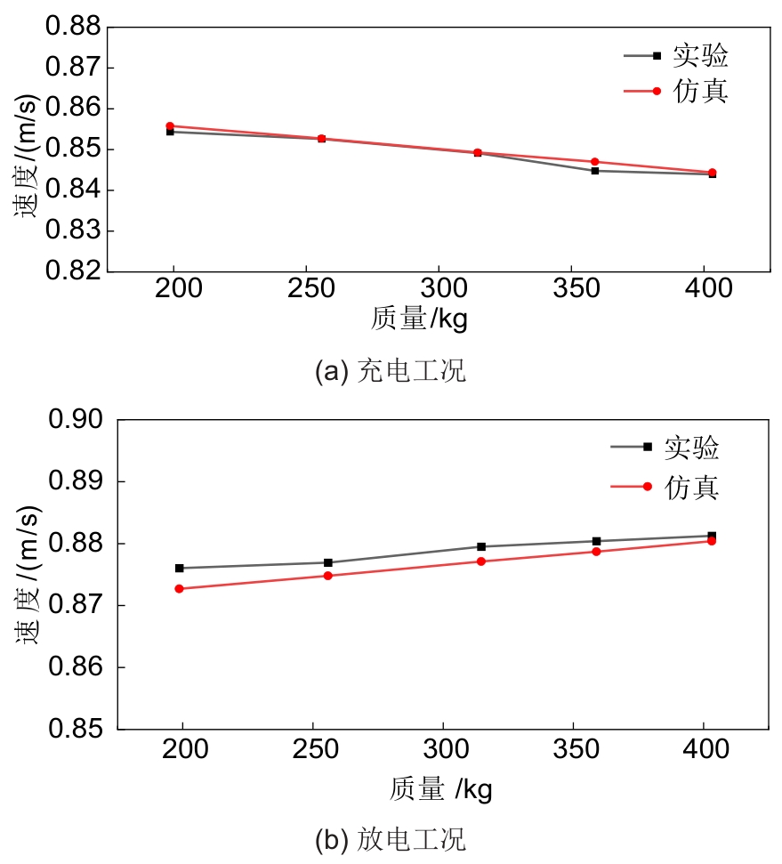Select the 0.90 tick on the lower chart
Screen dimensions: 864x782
tap(80, 420)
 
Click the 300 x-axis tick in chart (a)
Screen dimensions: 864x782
tap(439, 289)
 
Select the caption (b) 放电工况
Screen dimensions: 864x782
tap(390, 839)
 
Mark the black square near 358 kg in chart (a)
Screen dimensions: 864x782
tap(594, 170)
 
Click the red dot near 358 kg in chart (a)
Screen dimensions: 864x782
tap(594, 161)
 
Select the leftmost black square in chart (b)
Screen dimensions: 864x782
tap(179, 568)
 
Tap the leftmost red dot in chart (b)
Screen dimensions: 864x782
tap(179, 588)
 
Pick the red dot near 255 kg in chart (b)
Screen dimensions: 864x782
tap(327, 576)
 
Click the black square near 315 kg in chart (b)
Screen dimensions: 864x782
tap(481, 546)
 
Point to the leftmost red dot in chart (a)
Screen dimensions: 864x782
tap(170, 125)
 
